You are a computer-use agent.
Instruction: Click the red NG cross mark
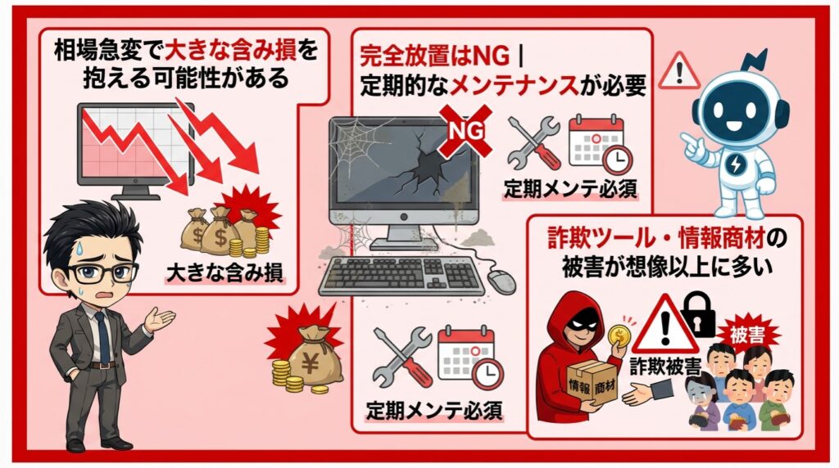point(465,131)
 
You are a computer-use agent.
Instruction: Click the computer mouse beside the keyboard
point(501,281)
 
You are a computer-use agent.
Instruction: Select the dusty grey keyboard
point(401,276)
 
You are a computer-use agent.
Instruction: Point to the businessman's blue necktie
point(102,336)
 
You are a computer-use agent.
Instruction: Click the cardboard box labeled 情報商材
point(592,384)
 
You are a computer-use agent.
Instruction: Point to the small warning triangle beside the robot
point(679,71)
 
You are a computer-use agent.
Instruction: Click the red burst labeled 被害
point(747,335)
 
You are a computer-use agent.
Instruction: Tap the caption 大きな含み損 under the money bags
point(224,272)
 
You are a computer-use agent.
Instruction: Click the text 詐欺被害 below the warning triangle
point(664,367)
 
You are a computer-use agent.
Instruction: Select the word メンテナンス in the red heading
point(514,85)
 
